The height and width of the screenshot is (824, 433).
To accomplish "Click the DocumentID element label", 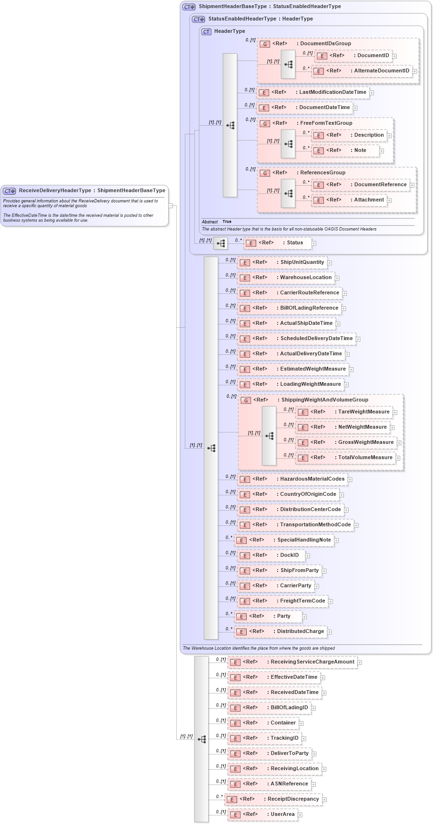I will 373,56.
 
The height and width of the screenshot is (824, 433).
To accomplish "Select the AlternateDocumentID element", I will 381,71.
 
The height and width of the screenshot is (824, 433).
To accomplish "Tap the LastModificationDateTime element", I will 332,92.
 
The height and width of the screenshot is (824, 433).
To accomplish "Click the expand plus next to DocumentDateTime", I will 355,108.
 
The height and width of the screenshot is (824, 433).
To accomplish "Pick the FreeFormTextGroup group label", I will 326,123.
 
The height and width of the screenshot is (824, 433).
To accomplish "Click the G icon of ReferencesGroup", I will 265,173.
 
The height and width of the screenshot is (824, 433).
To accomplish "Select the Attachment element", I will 369,200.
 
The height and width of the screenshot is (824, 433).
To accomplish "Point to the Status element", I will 294,243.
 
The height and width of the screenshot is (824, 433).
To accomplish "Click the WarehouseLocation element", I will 305,278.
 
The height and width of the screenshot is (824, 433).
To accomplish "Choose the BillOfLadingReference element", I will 309,308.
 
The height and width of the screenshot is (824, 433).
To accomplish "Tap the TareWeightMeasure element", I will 363,412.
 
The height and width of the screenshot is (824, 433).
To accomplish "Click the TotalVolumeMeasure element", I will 365,458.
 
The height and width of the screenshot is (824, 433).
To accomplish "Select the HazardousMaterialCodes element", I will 312,479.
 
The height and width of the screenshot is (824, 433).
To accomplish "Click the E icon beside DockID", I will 245,555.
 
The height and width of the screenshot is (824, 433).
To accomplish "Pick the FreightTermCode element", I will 302,601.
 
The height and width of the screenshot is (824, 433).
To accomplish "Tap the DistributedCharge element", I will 300,632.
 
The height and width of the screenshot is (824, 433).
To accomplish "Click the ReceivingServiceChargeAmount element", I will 312,662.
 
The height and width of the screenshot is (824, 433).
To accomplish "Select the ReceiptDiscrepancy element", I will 293,799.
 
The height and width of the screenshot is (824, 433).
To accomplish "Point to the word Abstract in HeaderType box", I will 210,222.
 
